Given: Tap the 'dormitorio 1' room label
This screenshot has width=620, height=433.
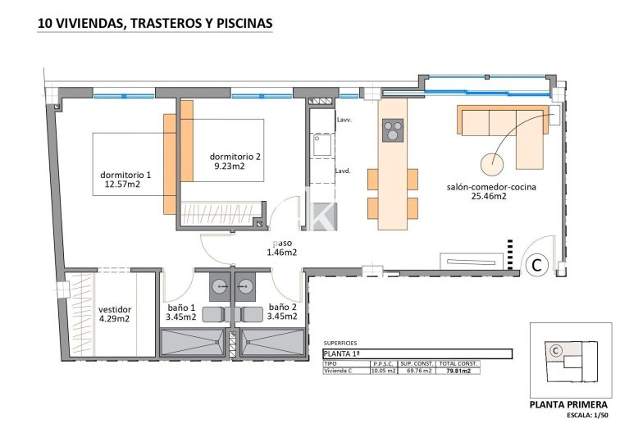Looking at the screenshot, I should point(125,175).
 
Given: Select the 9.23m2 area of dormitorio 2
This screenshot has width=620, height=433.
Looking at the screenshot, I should point(230,166).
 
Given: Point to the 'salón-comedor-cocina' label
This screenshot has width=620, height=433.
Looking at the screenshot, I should point(491,187).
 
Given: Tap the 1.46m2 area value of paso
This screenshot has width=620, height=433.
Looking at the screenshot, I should point(281,253).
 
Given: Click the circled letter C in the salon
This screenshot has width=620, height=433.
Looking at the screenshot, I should point(536,264).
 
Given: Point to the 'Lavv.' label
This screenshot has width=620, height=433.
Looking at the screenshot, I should point(344,120).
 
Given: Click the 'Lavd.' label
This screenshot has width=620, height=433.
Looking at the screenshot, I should point(344,171).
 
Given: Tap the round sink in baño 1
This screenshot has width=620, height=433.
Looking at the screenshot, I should point(220,286).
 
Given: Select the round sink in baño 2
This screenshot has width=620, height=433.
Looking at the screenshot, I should point(245,286).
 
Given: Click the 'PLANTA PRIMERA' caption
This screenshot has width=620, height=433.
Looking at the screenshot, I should point(569,405).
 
